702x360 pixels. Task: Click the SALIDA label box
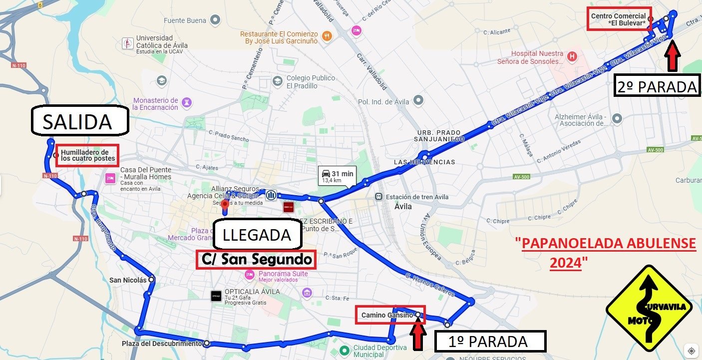click(x=79, y=120)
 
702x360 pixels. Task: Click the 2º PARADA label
click(x=656, y=86)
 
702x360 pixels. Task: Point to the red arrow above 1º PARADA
click(x=418, y=336)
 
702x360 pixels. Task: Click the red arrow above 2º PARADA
click(x=673, y=55)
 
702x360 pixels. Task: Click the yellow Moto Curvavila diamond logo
click(x=649, y=308)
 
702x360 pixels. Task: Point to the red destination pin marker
click(x=225, y=205)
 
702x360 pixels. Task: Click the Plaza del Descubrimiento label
click(x=162, y=344)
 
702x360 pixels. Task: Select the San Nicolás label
click(x=128, y=280)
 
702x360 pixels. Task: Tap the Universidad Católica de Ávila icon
click(x=128, y=43)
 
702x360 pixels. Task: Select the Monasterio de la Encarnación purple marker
click(x=187, y=102)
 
